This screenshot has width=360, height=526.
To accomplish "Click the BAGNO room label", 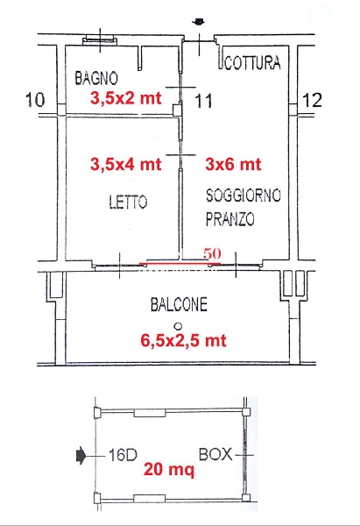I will (x=97, y=78).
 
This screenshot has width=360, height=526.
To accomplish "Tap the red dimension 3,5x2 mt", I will (x=125, y=98).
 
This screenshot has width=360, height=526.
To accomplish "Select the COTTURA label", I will (x=253, y=63).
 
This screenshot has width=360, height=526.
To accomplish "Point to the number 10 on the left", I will (x=36, y=101).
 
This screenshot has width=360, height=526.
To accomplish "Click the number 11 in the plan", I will (x=203, y=102).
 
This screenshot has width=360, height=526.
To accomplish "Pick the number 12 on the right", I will (x=312, y=101).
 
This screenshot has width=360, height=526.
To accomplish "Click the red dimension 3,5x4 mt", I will (x=125, y=163).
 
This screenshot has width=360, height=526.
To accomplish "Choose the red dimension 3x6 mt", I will (x=233, y=163).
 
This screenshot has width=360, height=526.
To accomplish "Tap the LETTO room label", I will (x=128, y=202).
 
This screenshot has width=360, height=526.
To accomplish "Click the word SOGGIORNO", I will (x=243, y=195).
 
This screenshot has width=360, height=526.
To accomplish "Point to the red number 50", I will (x=211, y=252).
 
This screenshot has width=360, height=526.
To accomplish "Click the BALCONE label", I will (x=178, y=306).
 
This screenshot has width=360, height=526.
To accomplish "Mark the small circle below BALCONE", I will (x=177, y=324).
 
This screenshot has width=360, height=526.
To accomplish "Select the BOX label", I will (x=215, y=456).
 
